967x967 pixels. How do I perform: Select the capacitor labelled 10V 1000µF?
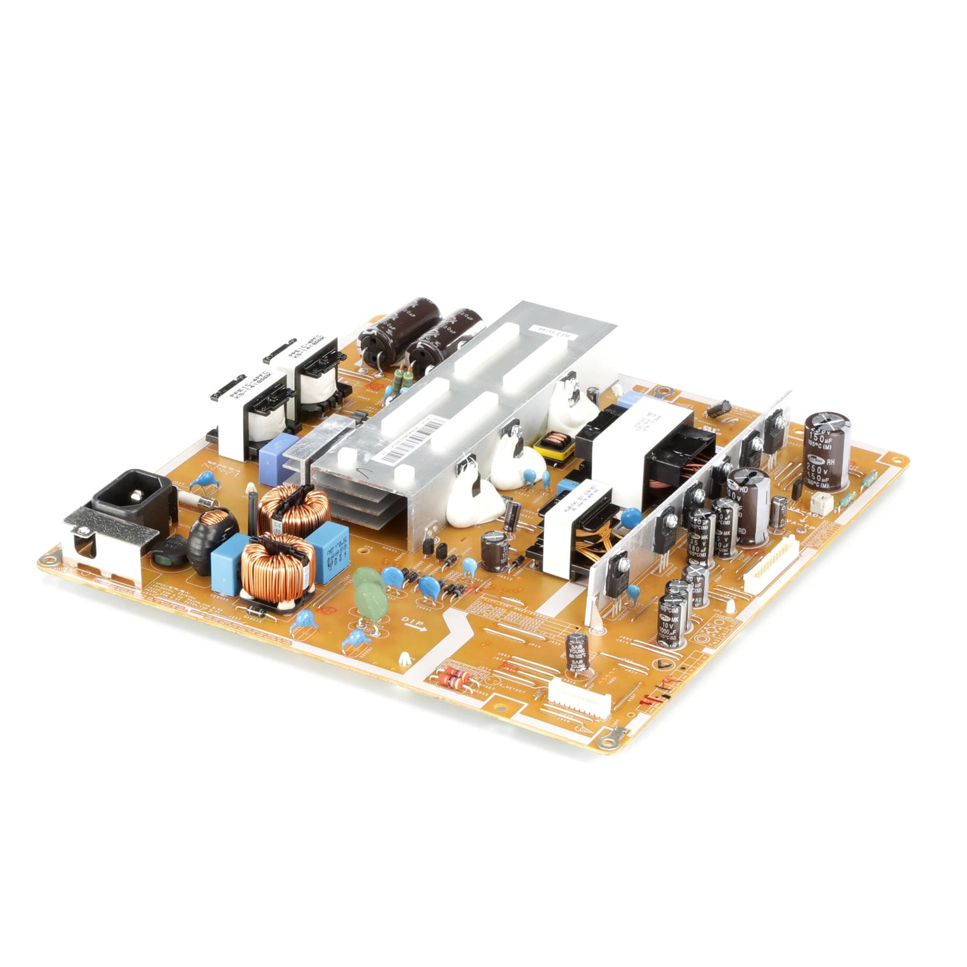(x=672, y=622)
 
